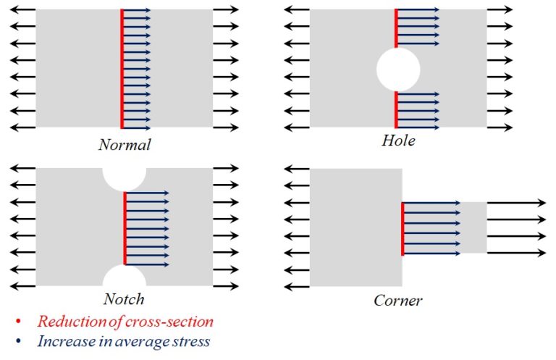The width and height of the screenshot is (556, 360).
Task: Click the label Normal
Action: [125, 144]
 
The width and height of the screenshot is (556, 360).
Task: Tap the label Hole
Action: [399, 141]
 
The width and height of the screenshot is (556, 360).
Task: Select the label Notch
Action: [125, 298]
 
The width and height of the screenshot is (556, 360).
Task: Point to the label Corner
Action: [398, 299]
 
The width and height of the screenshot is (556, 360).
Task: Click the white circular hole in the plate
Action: [397, 70]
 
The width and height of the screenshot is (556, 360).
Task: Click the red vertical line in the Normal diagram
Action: [122, 68]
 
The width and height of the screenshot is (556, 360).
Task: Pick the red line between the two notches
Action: [125, 227]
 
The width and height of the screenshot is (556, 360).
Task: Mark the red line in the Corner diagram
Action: [403, 229]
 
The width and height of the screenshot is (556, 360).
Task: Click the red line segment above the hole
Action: [396, 28]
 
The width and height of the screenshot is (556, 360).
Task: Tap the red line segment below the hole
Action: [396, 109]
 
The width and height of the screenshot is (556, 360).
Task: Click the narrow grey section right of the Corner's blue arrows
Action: [473, 227]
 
